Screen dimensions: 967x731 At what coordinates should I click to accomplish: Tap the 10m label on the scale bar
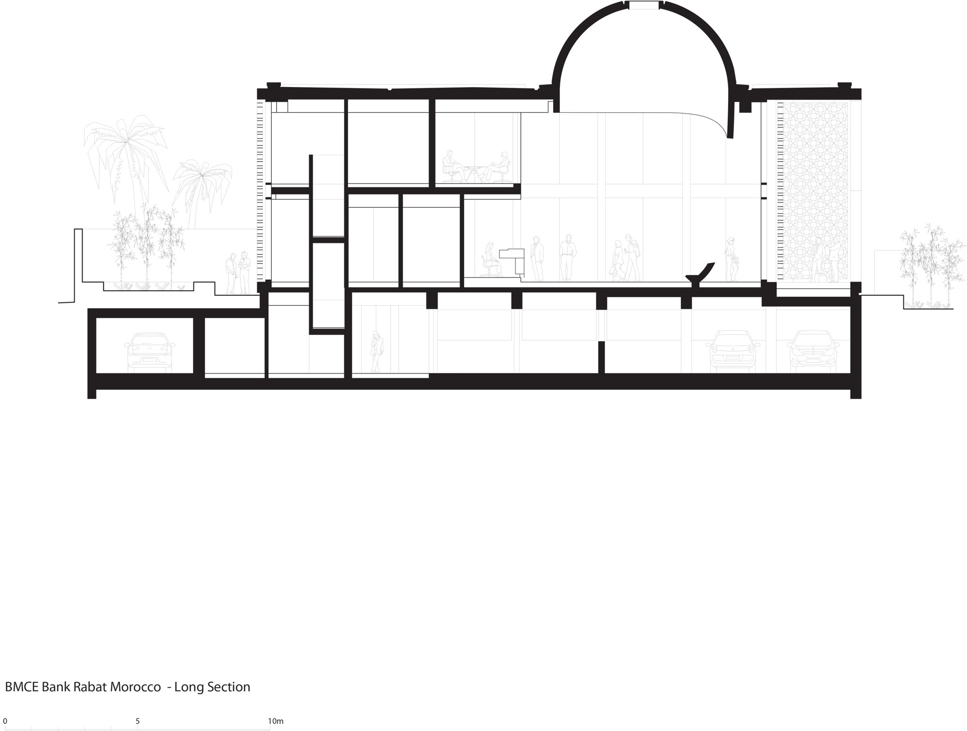276,721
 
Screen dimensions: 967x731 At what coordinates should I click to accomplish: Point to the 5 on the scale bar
138,721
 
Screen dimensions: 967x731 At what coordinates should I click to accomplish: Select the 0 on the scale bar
5,721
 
